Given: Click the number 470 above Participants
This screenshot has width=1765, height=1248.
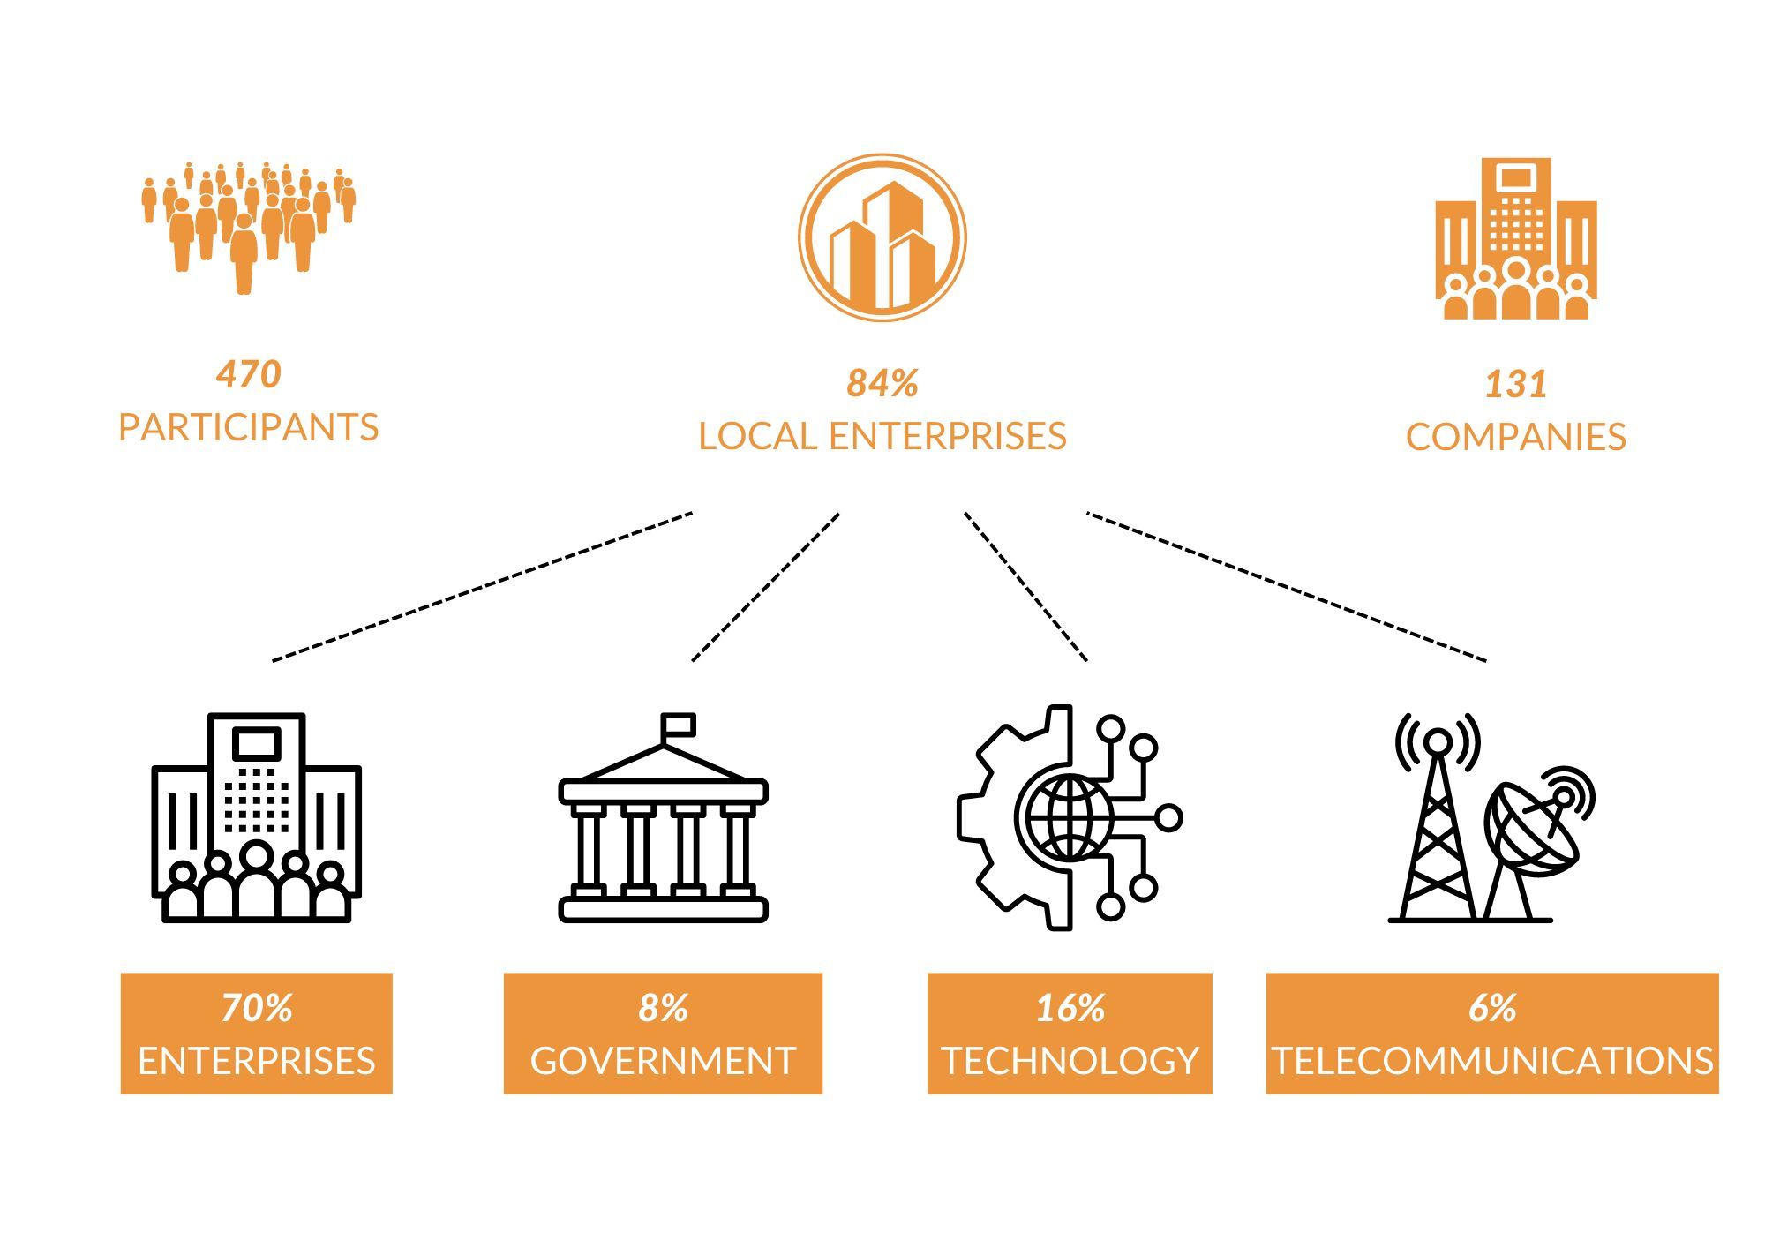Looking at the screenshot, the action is tap(249, 374).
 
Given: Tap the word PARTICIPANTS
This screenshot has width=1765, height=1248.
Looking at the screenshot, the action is tap(249, 427).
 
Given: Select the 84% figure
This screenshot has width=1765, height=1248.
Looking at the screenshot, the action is tap(882, 383).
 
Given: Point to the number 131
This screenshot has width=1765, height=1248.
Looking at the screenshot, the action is tap(1516, 384).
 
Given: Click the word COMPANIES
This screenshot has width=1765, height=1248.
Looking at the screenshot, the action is tap(1516, 437).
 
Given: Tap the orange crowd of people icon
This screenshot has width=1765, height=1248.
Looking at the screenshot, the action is tap(249, 228).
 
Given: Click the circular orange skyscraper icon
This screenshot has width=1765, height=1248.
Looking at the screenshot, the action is tap(882, 237).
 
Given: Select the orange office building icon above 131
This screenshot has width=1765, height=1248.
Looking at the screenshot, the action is tap(1516, 238).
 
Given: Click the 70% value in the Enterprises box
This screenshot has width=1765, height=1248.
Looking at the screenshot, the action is tap(257, 1008).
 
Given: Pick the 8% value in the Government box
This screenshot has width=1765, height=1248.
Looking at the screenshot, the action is tap(663, 1008).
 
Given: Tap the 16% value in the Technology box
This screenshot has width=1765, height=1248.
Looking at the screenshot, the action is tap(1070, 1008).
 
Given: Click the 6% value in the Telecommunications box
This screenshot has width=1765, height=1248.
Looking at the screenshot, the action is tap(1492, 1008).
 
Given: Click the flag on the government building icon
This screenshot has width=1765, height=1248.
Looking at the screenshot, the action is tap(680, 725).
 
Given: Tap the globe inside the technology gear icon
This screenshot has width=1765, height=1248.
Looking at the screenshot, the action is tap(1070, 817).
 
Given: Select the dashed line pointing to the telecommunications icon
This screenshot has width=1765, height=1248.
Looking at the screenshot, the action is tap(1287, 586).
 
